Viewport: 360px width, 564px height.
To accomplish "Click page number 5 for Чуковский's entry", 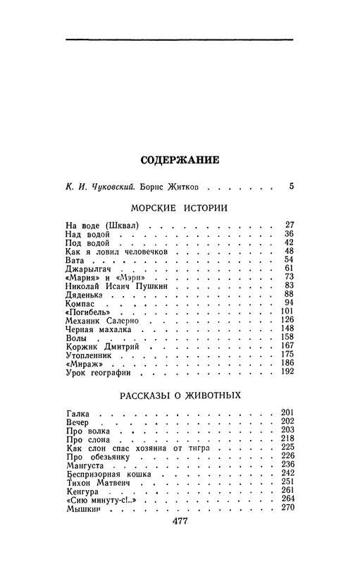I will pos(291,188).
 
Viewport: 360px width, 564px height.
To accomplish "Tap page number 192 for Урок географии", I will pos(286,372).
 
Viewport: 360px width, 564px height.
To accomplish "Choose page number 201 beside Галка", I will pos(286,412).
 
